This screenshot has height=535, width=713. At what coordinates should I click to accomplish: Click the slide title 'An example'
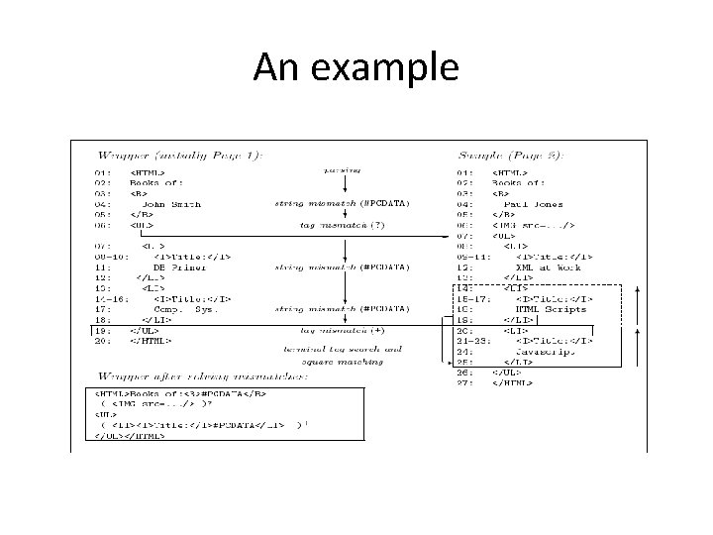(x=356, y=66)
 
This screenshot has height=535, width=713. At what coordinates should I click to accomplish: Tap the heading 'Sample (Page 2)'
(x=511, y=155)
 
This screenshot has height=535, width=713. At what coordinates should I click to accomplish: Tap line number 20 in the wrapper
(x=103, y=340)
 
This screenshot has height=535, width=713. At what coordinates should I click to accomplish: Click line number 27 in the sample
(x=465, y=381)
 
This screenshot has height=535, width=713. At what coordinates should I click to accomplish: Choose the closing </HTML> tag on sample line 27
(x=507, y=381)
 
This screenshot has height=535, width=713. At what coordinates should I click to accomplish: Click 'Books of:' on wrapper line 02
(x=158, y=183)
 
